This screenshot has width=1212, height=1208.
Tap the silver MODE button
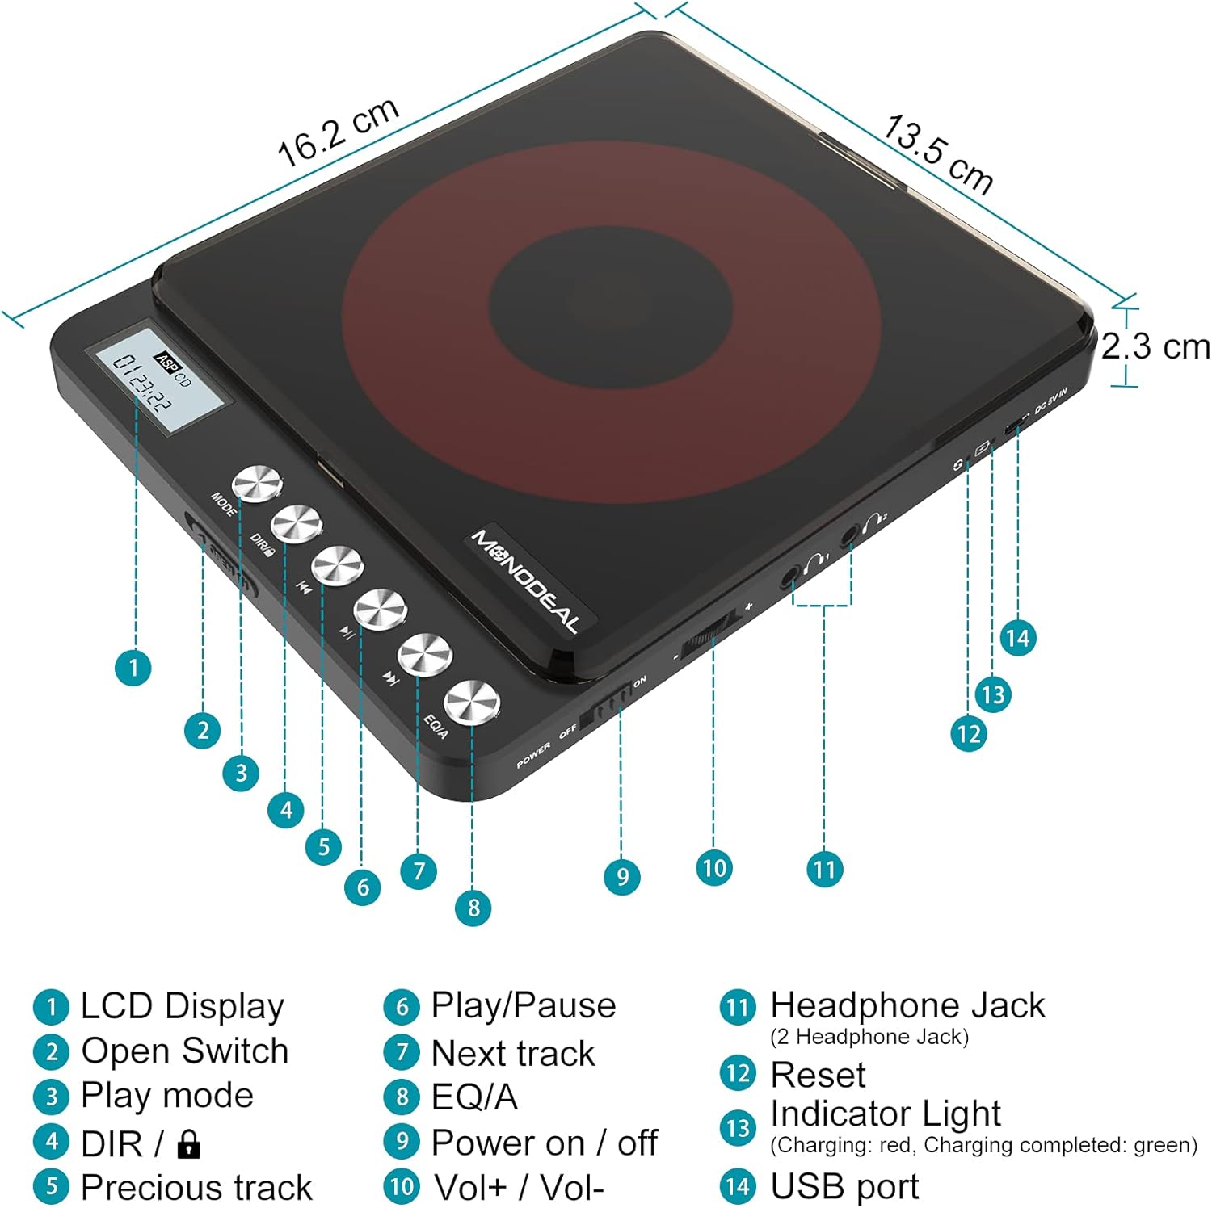click(257, 484)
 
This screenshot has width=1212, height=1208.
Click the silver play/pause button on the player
click(380, 609)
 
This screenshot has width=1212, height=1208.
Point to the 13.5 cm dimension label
click(938, 154)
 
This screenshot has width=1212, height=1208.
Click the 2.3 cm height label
click(1155, 347)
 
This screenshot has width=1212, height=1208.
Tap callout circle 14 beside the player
click(1017, 638)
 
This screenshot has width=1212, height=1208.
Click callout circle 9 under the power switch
click(622, 877)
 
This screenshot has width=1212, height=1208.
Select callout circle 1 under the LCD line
click(133, 668)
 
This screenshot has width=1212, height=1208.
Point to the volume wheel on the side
click(711, 631)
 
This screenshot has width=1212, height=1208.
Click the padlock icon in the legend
click(188, 1144)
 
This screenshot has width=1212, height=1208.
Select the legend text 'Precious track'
click(196, 1187)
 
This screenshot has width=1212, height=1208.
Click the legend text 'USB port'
click(844, 1186)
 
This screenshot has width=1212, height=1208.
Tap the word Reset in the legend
click(818, 1075)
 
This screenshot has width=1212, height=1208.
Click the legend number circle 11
click(737, 1008)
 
